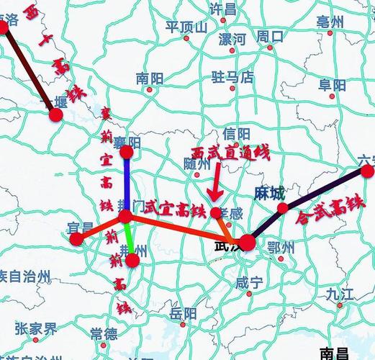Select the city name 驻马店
tap(232, 76)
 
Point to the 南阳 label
tap(150, 77)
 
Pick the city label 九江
tap(340, 293)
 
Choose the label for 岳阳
tap(183, 313)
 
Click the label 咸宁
tap(249, 282)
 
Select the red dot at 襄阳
tap(127, 152)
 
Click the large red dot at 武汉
tap(247, 243)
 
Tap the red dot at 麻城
tap(283, 209)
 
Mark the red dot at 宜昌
tap(76, 239)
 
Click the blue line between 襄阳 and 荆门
tap(126, 184)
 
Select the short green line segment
tap(129, 238)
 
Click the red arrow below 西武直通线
tap(213, 187)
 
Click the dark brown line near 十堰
tap(30, 73)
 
